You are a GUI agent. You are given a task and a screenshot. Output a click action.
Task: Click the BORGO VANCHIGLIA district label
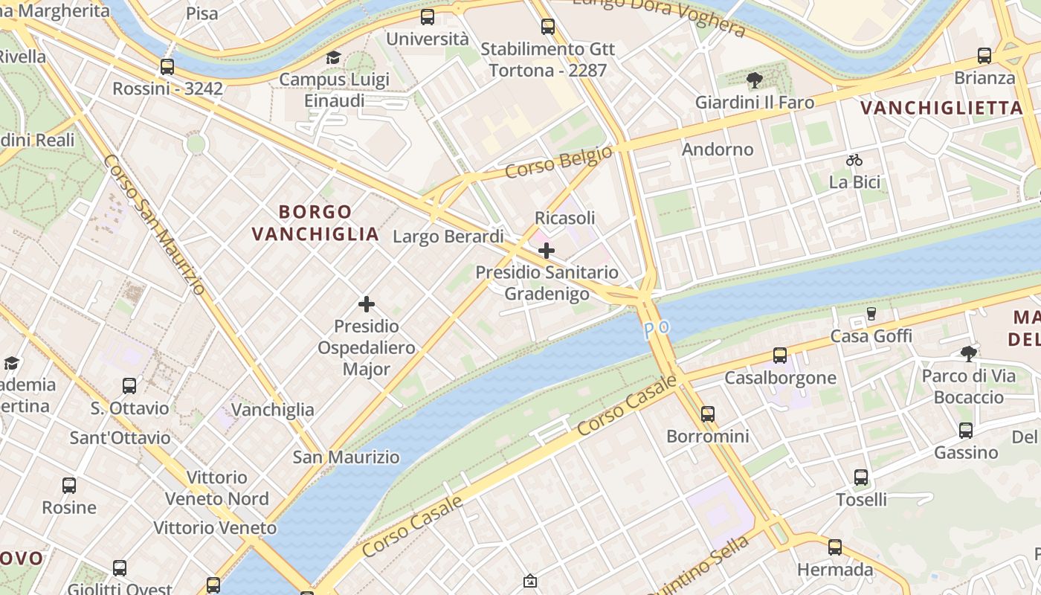coord(315,223)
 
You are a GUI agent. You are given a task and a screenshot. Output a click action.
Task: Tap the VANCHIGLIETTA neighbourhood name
coord(942,108)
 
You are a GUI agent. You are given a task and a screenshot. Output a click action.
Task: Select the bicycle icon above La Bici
coord(854,160)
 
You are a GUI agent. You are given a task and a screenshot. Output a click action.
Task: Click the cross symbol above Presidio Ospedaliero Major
coord(367,304)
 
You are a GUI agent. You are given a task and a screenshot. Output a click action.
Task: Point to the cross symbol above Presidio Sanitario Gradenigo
coord(547,251)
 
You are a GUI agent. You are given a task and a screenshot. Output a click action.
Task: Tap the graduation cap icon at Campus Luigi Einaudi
coord(333,58)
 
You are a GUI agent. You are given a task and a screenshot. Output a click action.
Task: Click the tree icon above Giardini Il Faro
coord(755,80)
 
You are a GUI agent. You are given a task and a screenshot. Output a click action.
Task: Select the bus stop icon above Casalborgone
coord(780,356)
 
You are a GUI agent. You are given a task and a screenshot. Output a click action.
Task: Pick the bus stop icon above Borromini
coord(708,414)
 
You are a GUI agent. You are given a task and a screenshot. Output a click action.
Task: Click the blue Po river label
coord(657,329)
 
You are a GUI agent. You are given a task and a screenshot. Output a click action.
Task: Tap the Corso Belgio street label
coord(558,162)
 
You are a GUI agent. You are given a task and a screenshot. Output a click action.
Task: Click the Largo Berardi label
coord(448,237)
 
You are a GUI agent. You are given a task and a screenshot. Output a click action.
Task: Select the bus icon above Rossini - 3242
coord(167,67)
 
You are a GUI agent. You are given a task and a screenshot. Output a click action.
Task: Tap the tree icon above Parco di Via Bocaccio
coord(968,353)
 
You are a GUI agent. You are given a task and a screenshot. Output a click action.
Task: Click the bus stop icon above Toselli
coord(861,477)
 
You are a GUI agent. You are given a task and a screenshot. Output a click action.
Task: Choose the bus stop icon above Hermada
coord(835,548)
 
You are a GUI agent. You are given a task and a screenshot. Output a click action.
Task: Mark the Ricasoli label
coord(565,218)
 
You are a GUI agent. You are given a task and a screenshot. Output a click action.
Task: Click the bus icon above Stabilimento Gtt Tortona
coord(548,27)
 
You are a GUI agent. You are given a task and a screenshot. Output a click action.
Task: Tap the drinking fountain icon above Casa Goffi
coord(871,314)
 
